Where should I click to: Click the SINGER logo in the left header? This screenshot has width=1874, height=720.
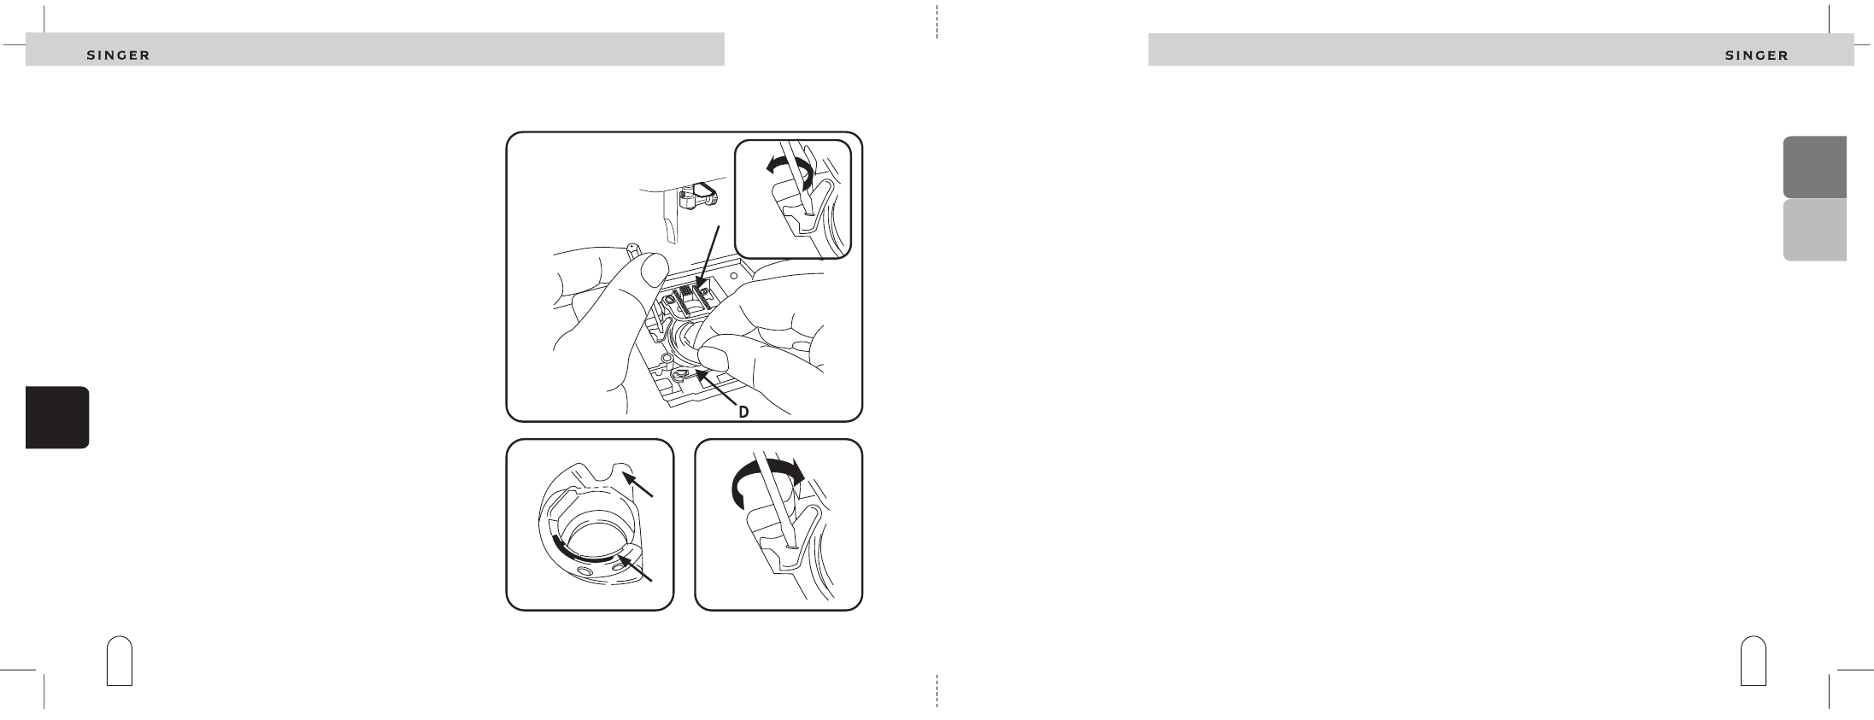tap(119, 56)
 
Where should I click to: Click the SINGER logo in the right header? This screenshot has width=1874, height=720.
tap(1757, 56)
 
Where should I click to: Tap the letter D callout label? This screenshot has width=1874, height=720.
tap(743, 412)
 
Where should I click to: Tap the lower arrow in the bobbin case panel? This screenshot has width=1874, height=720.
tap(637, 568)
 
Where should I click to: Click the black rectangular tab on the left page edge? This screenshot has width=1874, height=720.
tap(57, 418)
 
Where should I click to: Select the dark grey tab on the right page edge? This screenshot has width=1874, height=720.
tap(1814, 167)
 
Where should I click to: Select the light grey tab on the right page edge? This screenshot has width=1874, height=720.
tap(1814, 230)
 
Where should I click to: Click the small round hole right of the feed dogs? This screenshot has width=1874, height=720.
tap(732, 276)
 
